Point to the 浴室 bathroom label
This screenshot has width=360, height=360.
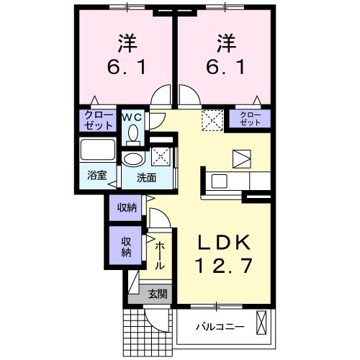[x=97, y=175]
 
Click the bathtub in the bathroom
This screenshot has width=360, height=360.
[x=98, y=150]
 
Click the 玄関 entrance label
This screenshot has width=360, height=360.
[x=158, y=293]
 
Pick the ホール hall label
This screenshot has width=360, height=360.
[x=160, y=255]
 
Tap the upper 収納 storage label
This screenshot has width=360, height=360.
[x=127, y=207]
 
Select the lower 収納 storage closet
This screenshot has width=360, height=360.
[x=125, y=246]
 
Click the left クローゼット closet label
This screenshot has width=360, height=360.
[x=99, y=120]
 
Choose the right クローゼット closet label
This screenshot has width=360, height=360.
[x=250, y=119]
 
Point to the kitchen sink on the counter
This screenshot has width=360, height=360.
[x=219, y=181]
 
